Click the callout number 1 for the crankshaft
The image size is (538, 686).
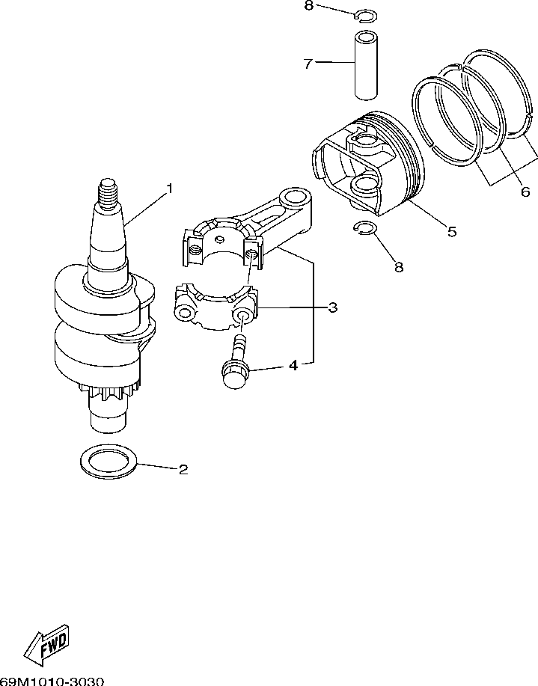click(x=169, y=189)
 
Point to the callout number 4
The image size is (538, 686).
click(x=293, y=366)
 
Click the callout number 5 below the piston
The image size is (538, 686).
click(x=451, y=231)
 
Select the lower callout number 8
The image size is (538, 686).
click(x=398, y=266)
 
